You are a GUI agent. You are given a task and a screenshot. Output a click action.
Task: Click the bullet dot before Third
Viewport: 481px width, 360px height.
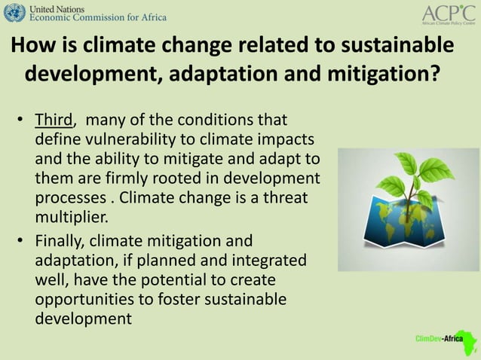pos(22,121)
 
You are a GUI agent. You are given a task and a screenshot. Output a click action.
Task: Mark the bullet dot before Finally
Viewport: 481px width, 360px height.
pos(22,242)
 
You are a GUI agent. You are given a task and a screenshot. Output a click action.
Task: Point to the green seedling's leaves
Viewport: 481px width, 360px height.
pos(408,174)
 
